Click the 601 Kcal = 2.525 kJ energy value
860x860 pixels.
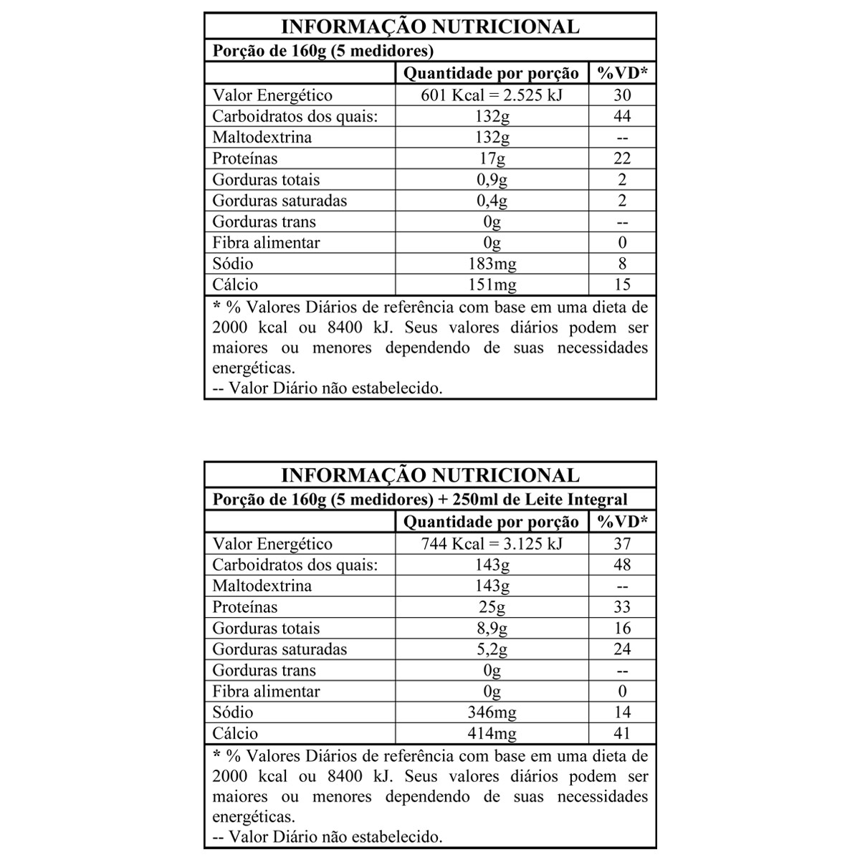coord(492,95)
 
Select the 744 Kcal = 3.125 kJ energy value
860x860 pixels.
coord(492,543)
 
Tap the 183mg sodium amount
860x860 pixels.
coord(492,264)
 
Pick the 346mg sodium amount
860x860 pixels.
coord(492,712)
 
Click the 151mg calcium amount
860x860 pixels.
coord(492,285)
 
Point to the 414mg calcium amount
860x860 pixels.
coord(492,733)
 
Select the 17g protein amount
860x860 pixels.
coord(492,158)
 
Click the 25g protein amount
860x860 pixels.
coord(492,607)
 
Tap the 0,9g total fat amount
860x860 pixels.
coord(492,179)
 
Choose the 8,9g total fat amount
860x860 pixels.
coord(492,629)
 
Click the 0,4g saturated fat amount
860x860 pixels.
coord(492,201)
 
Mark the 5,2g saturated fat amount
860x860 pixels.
coord(492,649)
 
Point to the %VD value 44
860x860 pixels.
coord(622,116)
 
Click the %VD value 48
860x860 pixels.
coord(622,565)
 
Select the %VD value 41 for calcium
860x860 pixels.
coord(622,733)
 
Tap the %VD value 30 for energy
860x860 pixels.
coord(622,95)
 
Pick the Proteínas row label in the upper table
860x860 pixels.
coord(244,158)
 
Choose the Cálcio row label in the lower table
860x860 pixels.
coord(235,733)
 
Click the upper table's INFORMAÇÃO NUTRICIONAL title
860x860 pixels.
coord(430,27)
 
